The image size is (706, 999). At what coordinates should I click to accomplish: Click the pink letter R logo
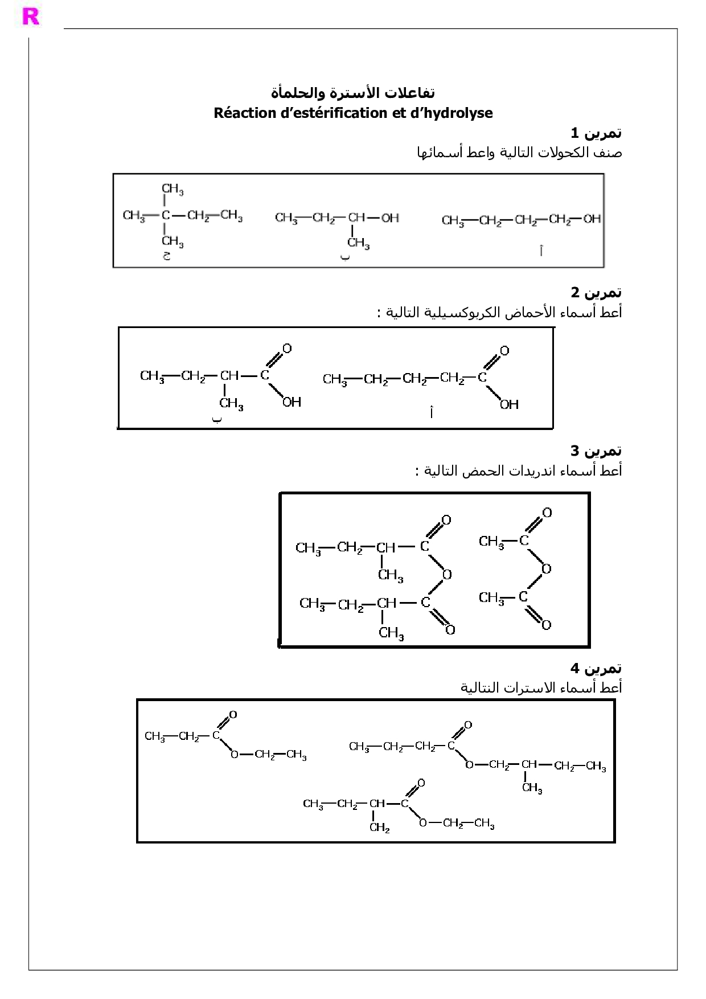(x=31, y=17)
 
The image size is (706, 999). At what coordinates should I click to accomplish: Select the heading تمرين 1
(x=596, y=133)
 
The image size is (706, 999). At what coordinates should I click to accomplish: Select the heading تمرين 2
(x=596, y=293)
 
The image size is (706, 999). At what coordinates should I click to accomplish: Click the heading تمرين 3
(x=596, y=451)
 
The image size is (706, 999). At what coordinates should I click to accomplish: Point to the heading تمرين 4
(x=596, y=668)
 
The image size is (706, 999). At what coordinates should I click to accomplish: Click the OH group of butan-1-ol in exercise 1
(x=592, y=219)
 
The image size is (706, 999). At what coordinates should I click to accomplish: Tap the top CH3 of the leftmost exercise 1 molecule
(x=172, y=189)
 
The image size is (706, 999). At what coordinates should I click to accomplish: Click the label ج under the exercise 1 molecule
(x=167, y=256)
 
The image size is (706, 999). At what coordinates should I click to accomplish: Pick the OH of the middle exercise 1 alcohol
(x=390, y=218)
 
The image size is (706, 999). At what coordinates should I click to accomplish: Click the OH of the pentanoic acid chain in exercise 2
(x=509, y=404)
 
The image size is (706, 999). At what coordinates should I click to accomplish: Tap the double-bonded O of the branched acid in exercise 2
(x=287, y=348)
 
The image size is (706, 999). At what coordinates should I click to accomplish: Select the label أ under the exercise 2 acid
(x=431, y=412)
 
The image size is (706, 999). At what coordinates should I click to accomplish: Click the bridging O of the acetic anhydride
(x=547, y=568)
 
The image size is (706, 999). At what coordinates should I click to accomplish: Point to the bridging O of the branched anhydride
(x=447, y=574)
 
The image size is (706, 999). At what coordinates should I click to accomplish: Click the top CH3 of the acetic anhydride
(x=491, y=542)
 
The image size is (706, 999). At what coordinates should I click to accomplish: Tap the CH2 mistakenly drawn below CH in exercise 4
(x=379, y=828)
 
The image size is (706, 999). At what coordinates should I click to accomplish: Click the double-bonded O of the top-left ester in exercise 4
(x=233, y=715)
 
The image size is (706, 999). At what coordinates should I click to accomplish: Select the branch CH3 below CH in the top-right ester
(x=532, y=788)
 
